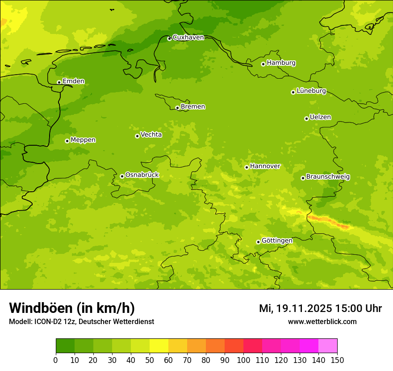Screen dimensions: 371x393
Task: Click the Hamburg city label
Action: pos(281,63)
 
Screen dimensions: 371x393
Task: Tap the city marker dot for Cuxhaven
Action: pos(169,38)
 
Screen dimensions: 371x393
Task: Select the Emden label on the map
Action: pos(73,81)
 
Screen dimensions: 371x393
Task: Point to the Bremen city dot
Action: pos(177,108)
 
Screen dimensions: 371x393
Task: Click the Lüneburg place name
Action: pos(311,91)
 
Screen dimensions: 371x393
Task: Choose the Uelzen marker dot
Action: pos(306,118)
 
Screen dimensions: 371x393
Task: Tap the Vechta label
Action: pos(151,135)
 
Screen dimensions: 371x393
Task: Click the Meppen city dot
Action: pos(67,141)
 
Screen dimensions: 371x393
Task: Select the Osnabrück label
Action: pos(142,175)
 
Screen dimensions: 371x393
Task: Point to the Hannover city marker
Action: pos(247,167)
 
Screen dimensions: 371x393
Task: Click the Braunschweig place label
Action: pos(328,177)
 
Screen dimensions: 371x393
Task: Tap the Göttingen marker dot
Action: pos(258,242)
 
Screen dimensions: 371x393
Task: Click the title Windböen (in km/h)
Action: pos(72,308)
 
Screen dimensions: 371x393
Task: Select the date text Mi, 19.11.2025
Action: pos(295,308)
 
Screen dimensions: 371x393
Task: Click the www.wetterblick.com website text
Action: pos(322,321)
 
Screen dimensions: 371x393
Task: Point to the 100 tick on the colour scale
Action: pos(243,360)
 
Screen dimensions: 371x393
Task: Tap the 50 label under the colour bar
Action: pos(150,360)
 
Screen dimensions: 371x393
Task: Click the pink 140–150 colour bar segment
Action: pos(328,346)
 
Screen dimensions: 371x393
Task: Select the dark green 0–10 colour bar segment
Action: pos(65,346)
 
